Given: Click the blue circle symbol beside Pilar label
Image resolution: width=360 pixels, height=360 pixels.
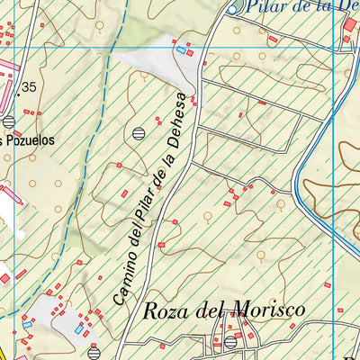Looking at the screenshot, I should [x=231, y=9].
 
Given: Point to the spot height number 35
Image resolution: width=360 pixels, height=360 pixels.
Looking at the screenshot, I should [x=30, y=86].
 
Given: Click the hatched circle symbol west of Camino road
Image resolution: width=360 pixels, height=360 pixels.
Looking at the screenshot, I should [x=138, y=133].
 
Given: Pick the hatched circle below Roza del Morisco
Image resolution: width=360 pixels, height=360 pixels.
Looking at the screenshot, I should [x=231, y=342].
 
